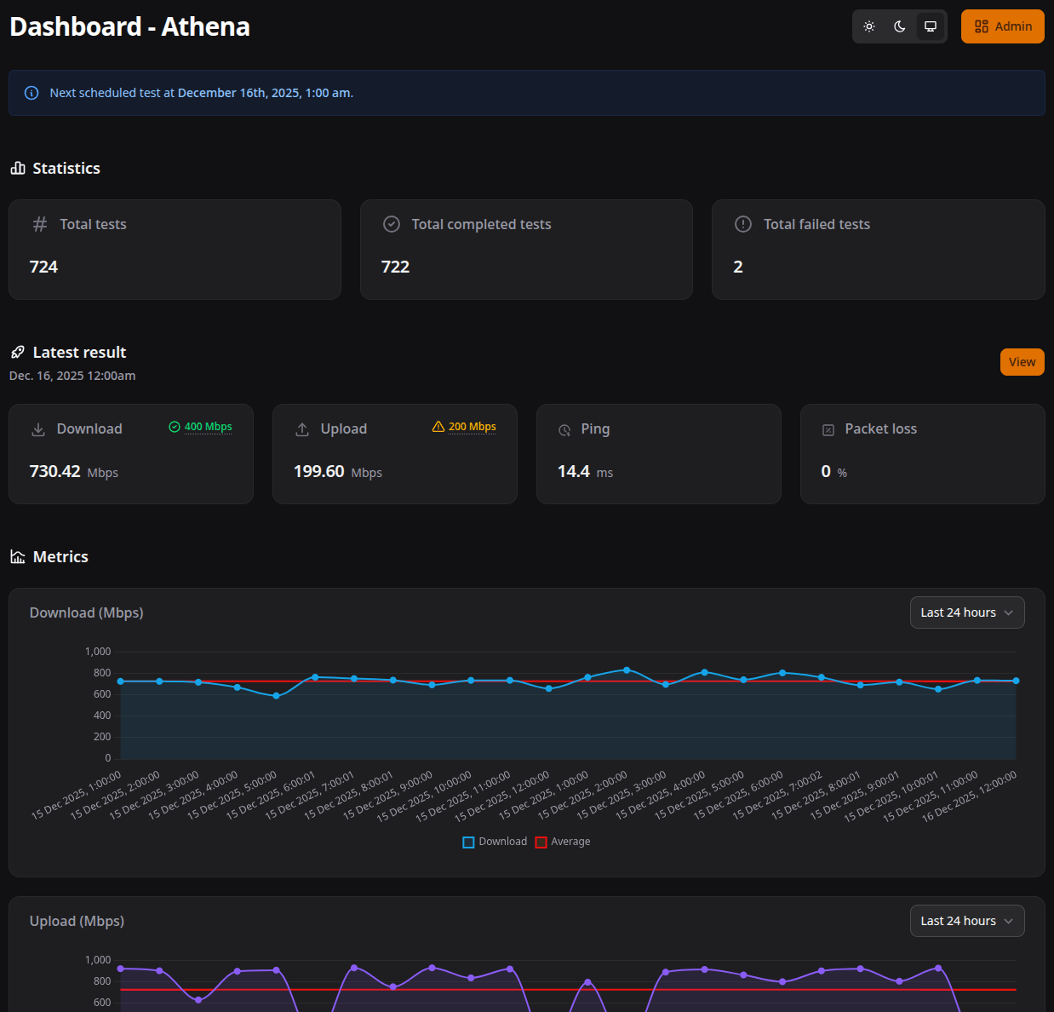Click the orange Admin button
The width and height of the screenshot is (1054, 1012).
click(1002, 26)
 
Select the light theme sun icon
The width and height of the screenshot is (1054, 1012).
click(869, 26)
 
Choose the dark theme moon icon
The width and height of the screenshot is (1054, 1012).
click(900, 26)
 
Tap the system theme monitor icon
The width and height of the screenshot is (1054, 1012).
click(931, 26)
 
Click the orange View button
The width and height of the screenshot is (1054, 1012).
click(1022, 362)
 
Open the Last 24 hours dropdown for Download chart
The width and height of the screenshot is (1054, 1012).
click(966, 612)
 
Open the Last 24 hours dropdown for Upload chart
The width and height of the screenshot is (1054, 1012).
click(966, 921)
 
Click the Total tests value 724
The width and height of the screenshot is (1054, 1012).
click(43, 267)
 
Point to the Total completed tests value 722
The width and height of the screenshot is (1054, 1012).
click(395, 267)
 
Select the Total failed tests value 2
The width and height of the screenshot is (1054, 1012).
click(738, 267)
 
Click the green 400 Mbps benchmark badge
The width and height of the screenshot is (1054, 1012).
click(201, 427)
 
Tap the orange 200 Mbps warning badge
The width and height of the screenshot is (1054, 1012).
click(465, 427)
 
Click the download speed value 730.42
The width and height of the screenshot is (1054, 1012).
click(55, 471)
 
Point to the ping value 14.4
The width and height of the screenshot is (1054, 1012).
click(574, 471)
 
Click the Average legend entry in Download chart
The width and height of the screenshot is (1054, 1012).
click(563, 842)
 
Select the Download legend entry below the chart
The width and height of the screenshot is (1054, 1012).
click(495, 842)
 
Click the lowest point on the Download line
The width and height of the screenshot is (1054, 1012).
click(276, 696)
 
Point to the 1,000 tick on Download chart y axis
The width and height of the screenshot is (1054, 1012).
click(98, 652)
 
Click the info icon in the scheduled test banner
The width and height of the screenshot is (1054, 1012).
click(32, 93)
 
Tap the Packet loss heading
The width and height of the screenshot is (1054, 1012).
click(880, 428)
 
